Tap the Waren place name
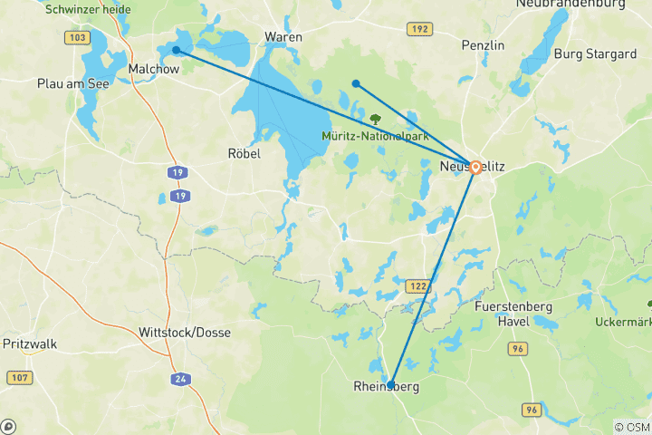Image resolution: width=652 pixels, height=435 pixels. [283, 37]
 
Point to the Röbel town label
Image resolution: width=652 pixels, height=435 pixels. [244, 154]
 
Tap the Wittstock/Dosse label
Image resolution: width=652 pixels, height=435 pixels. [185, 333]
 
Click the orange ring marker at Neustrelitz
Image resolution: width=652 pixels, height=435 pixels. [475, 168]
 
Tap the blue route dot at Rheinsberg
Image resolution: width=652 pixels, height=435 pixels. [390, 384]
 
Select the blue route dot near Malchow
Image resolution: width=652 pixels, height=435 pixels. [177, 50]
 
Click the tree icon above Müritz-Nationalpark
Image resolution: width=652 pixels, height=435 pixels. [376, 119]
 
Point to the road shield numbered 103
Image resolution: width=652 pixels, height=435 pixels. [78, 38]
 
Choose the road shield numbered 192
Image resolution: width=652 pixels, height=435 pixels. [418, 29]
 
